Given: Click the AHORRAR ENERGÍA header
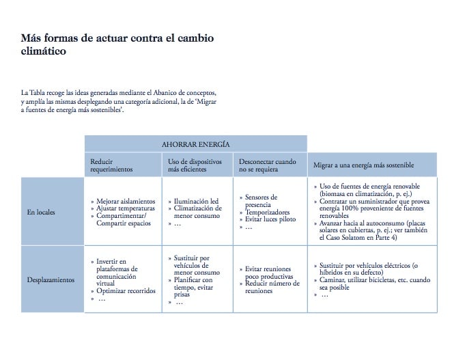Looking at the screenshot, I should pos(195,144).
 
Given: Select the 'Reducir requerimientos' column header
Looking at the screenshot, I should pos(112,165).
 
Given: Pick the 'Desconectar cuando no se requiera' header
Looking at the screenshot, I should pos(267,165).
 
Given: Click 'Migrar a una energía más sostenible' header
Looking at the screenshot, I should pos(363,165).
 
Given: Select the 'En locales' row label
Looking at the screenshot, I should pos(42,212).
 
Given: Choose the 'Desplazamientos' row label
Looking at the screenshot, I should pos(50,280).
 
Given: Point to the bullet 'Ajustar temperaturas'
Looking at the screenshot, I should pos(125,208).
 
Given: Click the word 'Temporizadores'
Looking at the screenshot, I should pos(268,212).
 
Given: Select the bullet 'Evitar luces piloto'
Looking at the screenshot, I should pos(270,219).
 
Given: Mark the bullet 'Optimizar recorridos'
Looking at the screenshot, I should pos(126,291).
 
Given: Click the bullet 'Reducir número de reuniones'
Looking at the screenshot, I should pos(272,287).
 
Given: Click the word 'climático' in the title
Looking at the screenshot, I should pos(44,51).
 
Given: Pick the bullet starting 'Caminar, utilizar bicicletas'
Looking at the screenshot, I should pos(375,283).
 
